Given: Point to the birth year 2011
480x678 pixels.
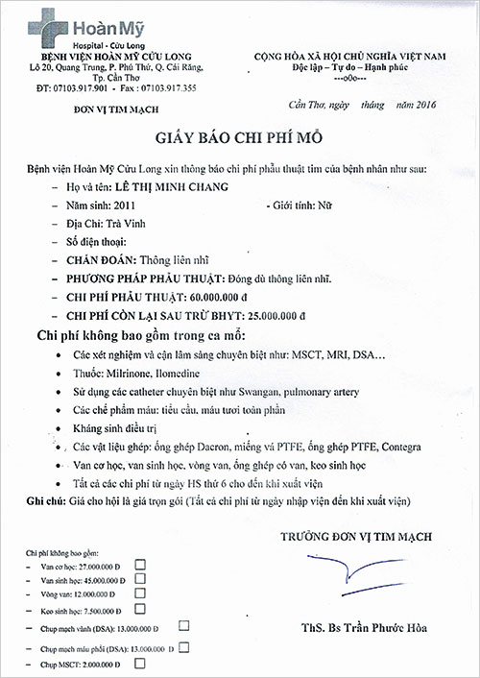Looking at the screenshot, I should (x=131, y=205).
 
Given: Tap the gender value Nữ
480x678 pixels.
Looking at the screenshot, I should (x=326, y=205).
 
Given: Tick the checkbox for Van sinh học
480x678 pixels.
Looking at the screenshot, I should (x=140, y=578).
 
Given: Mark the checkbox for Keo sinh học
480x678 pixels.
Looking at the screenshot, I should (x=140, y=607).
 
